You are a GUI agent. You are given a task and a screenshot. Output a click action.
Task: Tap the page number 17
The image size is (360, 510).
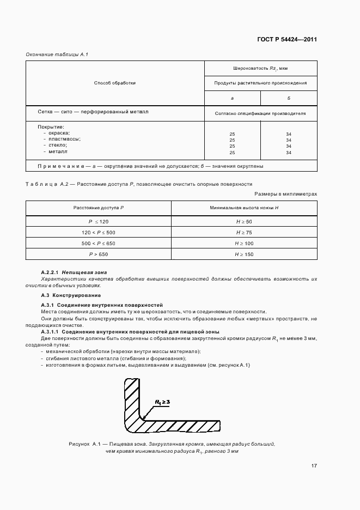(314, 466)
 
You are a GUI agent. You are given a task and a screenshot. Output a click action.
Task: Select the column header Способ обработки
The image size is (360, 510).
(114, 83)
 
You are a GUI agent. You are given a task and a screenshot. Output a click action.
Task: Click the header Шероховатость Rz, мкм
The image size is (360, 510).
(260, 68)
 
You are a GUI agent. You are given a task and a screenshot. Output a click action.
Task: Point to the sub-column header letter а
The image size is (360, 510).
(232, 98)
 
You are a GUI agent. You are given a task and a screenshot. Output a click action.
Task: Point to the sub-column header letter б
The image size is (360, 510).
(289, 98)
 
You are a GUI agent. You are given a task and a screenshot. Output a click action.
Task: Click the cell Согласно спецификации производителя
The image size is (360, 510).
(260, 114)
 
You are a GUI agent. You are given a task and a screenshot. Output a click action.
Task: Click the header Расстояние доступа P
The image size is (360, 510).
(99, 208)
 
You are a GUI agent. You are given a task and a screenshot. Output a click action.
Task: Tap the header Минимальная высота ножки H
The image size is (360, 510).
(244, 208)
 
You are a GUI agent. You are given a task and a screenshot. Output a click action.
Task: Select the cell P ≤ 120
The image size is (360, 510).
(99, 222)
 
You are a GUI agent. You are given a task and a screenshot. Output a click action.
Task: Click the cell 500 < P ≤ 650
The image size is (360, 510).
(99, 244)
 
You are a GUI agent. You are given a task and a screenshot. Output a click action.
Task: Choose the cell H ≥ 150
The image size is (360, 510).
(244, 254)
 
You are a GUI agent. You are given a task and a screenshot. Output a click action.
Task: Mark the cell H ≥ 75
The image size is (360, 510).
(244, 233)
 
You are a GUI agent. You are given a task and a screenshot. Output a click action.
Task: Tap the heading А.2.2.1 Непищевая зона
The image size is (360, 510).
(74, 272)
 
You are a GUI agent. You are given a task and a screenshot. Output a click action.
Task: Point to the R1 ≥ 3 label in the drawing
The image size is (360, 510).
(162, 402)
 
